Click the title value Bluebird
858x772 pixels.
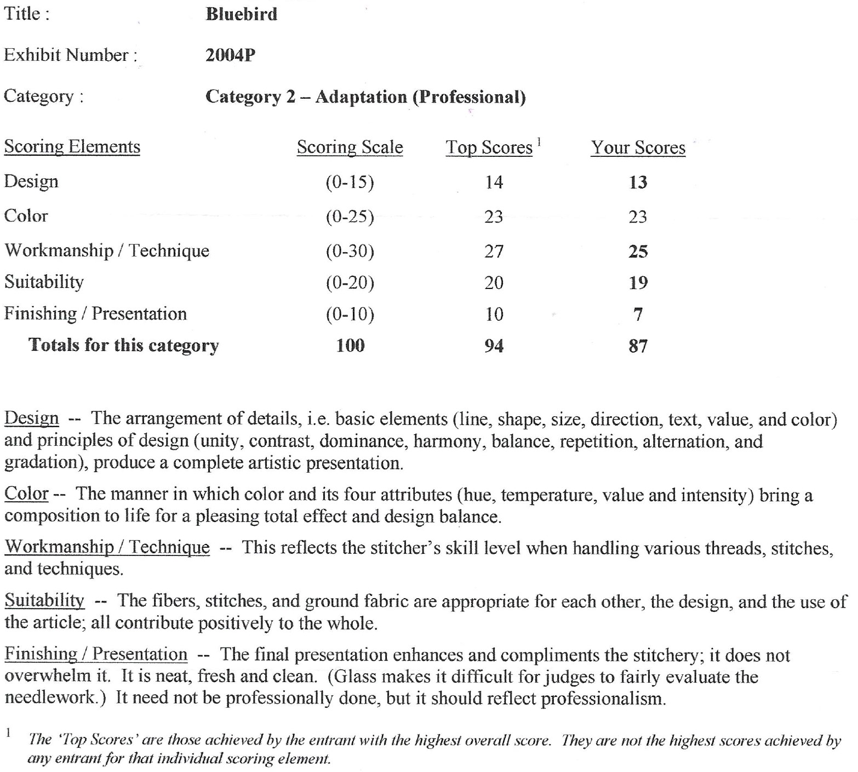[x=242, y=14]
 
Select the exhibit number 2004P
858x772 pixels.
[x=230, y=55]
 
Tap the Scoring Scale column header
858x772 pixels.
[x=350, y=147]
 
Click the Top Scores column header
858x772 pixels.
[x=489, y=147]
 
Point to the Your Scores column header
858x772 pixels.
[x=638, y=147]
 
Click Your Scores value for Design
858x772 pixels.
[x=638, y=182]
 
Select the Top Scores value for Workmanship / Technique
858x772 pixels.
[x=494, y=251]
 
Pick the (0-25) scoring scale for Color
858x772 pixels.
[x=350, y=217]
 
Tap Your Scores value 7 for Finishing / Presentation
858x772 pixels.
[x=638, y=314]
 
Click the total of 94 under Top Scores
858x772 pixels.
[x=494, y=346]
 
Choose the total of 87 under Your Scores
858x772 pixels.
[x=638, y=346]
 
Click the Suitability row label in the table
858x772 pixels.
[x=44, y=282]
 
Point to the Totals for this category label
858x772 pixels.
[x=123, y=345]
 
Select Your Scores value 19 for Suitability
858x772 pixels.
[x=638, y=282]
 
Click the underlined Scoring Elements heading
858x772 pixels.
[x=72, y=147]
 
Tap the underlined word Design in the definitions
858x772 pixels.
[x=31, y=418]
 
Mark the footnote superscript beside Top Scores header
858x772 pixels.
[x=539, y=142]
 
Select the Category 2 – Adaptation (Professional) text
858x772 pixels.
[x=365, y=97]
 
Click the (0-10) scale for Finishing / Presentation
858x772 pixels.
[x=350, y=314]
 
